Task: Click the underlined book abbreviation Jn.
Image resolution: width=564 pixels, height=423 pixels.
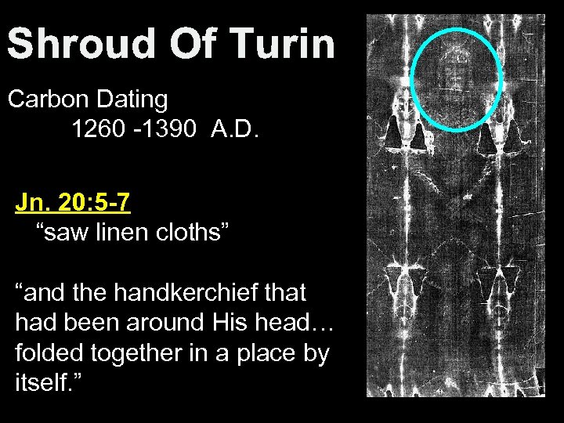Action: point(29,203)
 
